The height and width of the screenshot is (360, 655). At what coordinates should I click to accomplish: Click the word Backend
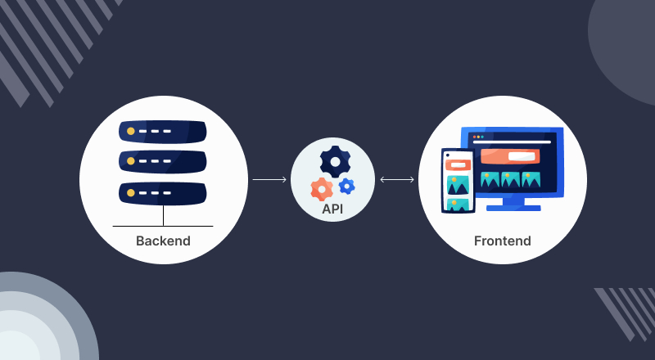click(x=163, y=241)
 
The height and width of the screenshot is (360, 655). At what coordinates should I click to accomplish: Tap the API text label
click(x=332, y=209)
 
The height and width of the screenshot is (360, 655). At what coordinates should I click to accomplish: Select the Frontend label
click(x=502, y=241)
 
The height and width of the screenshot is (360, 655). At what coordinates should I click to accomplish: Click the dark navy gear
click(x=334, y=160)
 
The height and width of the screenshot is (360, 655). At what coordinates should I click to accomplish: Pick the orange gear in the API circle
click(x=322, y=189)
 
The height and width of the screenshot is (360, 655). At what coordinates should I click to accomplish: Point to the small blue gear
click(x=347, y=186)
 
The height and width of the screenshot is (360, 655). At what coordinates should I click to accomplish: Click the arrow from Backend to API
click(x=269, y=178)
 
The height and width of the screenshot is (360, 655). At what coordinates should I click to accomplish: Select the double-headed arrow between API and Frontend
click(x=397, y=178)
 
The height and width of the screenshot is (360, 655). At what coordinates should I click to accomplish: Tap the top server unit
click(x=163, y=131)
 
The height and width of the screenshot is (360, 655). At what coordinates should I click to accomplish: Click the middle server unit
click(x=163, y=161)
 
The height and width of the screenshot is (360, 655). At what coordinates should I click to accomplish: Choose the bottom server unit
click(x=163, y=192)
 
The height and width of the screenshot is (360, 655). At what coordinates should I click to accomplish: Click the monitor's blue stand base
click(x=513, y=208)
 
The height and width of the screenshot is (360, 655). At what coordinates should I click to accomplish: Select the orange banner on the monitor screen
click(x=509, y=155)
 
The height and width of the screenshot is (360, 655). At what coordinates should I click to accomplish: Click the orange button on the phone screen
click(x=457, y=164)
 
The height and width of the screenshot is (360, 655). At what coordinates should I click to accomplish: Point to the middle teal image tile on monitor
click(x=511, y=178)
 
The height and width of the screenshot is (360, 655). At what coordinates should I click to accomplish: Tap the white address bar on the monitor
click(x=511, y=142)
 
